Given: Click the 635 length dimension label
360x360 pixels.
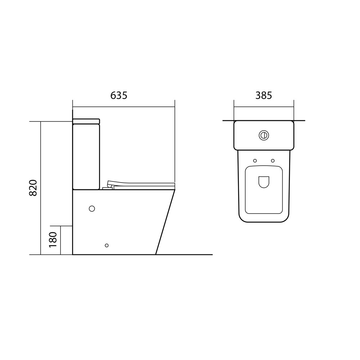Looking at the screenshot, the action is pos(119,95).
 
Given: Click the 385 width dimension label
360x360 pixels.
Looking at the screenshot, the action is pos(264,95).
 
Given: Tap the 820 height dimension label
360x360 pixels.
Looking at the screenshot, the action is pos(33,188).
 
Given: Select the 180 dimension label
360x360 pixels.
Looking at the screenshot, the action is pos(53,239).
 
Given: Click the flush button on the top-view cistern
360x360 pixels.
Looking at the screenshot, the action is pos(264,135).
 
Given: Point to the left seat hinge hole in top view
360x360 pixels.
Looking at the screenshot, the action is pos(255,161).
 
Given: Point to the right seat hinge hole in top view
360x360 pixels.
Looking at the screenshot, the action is pos(273,161).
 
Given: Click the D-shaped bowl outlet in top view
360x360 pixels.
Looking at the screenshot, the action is pos(264,182).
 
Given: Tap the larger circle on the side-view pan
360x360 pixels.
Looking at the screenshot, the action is pos(92,208).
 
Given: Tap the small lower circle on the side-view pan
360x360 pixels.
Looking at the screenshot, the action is pos(107,246).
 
